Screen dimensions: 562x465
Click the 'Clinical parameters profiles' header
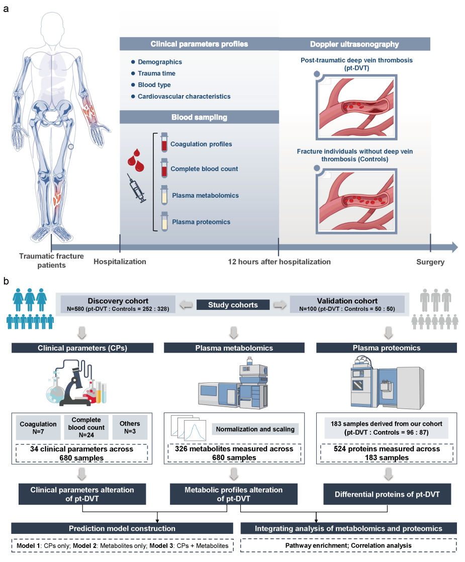point(200,44)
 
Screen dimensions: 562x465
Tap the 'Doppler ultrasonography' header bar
point(355,44)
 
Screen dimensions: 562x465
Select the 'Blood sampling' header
point(200,118)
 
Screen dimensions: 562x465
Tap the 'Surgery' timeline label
point(430,262)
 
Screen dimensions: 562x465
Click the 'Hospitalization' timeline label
point(120,262)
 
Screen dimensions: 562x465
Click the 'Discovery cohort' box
point(118,304)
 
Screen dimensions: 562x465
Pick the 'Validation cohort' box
point(347,304)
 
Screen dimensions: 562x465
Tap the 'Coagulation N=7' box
point(38,428)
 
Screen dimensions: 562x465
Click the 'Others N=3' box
point(130,428)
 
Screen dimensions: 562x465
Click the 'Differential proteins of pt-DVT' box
point(387,495)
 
